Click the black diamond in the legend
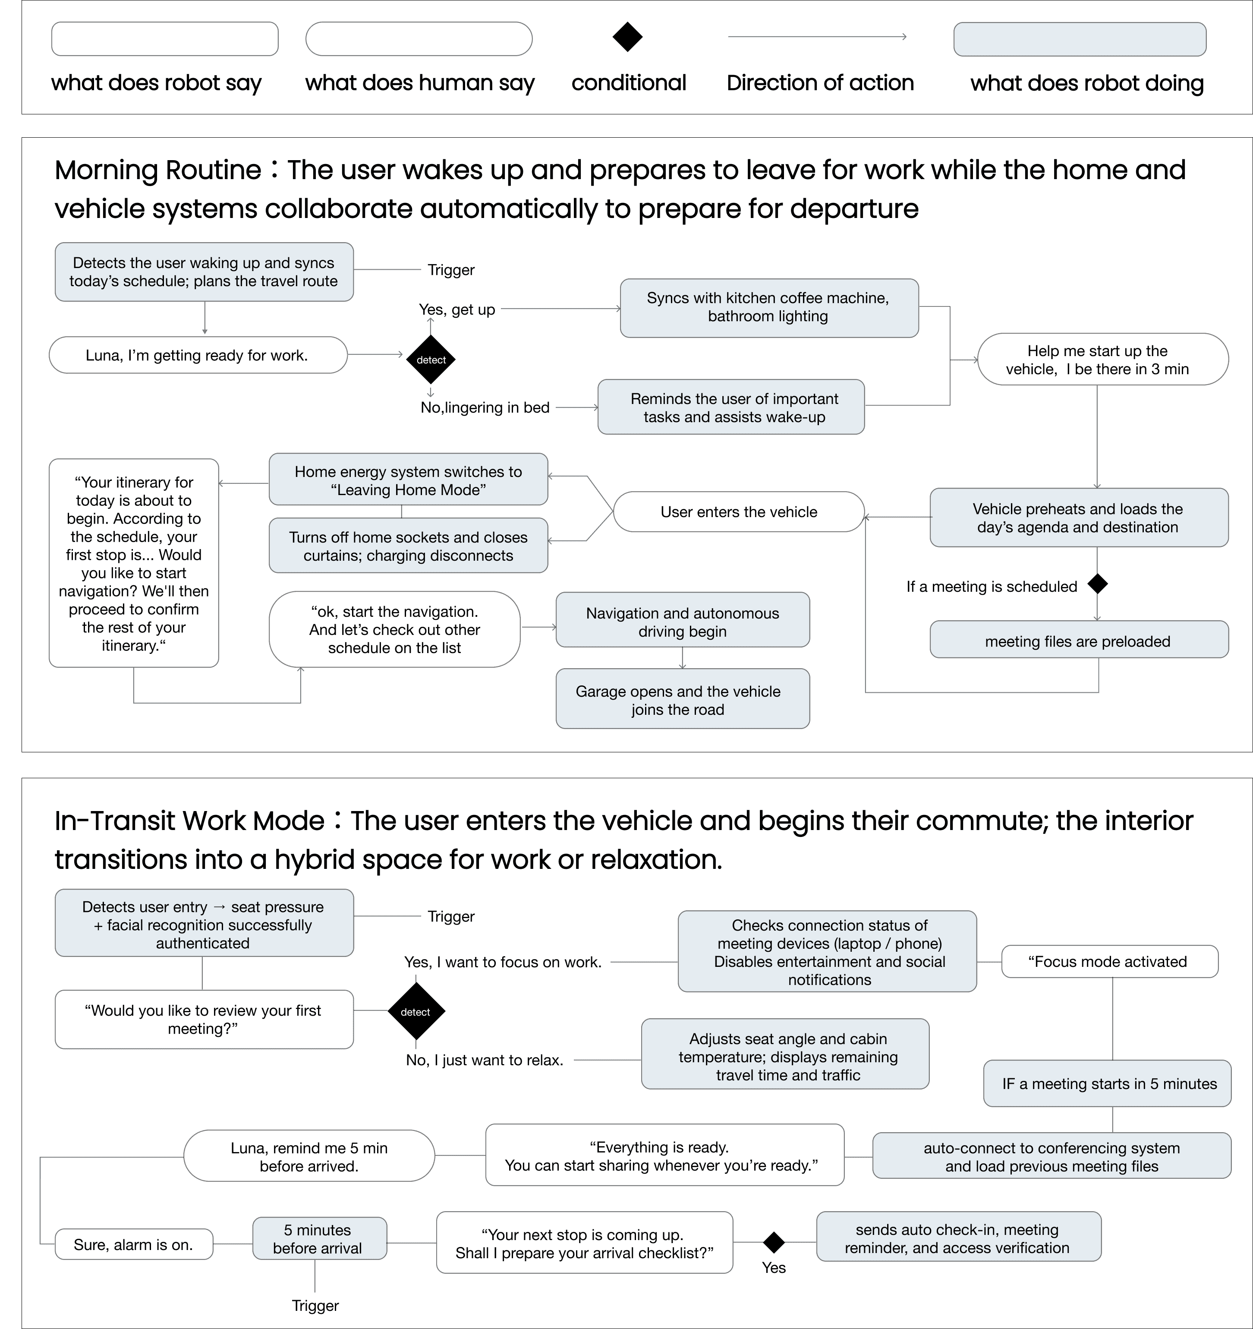627,37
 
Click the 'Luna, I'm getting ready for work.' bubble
198,355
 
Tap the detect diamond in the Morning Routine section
431,360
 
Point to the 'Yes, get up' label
456,309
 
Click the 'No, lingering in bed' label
485,407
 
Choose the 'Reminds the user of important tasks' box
731,407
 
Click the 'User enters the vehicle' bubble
738,512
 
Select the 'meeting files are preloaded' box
1078,641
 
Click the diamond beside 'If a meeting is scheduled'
1097,584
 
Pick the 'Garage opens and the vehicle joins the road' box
682,699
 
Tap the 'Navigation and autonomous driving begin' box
682,621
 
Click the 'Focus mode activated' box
1109,961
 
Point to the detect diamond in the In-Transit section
416,1011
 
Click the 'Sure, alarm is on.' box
134,1244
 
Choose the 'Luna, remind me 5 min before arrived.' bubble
309,1156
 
